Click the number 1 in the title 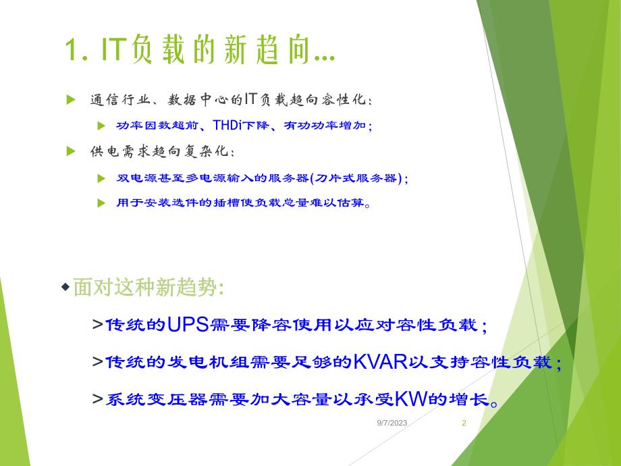(71, 51)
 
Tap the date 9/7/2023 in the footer (392, 423)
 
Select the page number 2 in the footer (464, 423)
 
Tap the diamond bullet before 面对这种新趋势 (65, 288)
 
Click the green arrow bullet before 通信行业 (70, 100)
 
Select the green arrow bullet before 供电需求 (70, 151)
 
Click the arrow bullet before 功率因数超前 (101, 126)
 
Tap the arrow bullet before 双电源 (101, 178)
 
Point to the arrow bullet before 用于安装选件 (101, 203)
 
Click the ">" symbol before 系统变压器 (98, 400)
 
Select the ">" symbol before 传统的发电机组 (98, 363)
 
